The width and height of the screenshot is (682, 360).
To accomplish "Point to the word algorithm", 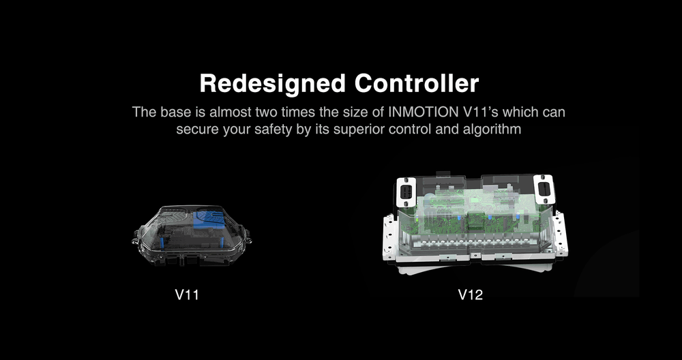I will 483,129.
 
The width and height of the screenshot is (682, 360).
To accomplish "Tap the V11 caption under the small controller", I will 187,296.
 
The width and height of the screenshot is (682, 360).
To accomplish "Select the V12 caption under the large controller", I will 471,296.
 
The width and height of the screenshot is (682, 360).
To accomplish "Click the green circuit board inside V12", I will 471,211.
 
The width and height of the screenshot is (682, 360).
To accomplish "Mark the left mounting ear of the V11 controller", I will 134,240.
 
